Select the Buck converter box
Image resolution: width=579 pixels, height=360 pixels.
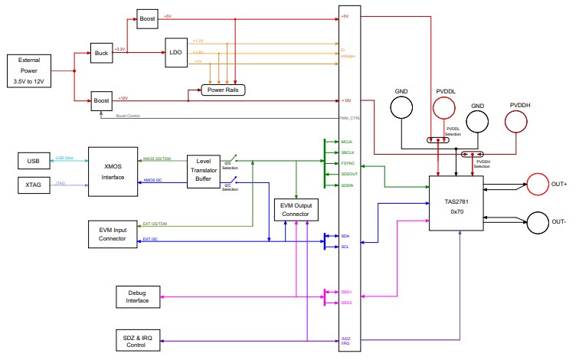pyautogui.click(x=101, y=53)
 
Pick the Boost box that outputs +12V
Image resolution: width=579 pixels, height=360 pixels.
pyautogui.click(x=101, y=100)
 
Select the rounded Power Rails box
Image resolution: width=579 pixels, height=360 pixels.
pyautogui.click(x=223, y=90)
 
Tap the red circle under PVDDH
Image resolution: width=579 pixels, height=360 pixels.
pyautogui.click(x=518, y=122)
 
